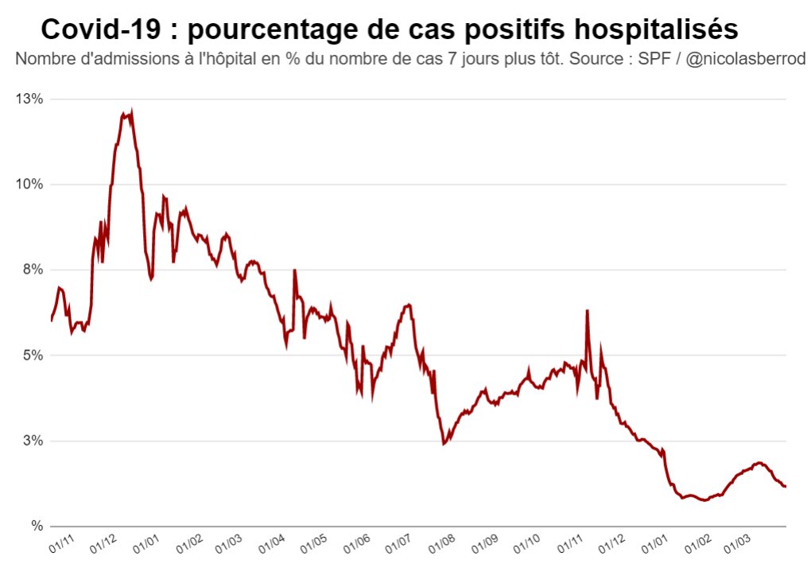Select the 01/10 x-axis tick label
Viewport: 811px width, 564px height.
(527, 545)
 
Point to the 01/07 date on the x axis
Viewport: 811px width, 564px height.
(399, 545)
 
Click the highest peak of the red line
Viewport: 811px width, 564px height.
(131, 112)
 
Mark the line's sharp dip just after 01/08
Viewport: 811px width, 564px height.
(444, 443)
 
